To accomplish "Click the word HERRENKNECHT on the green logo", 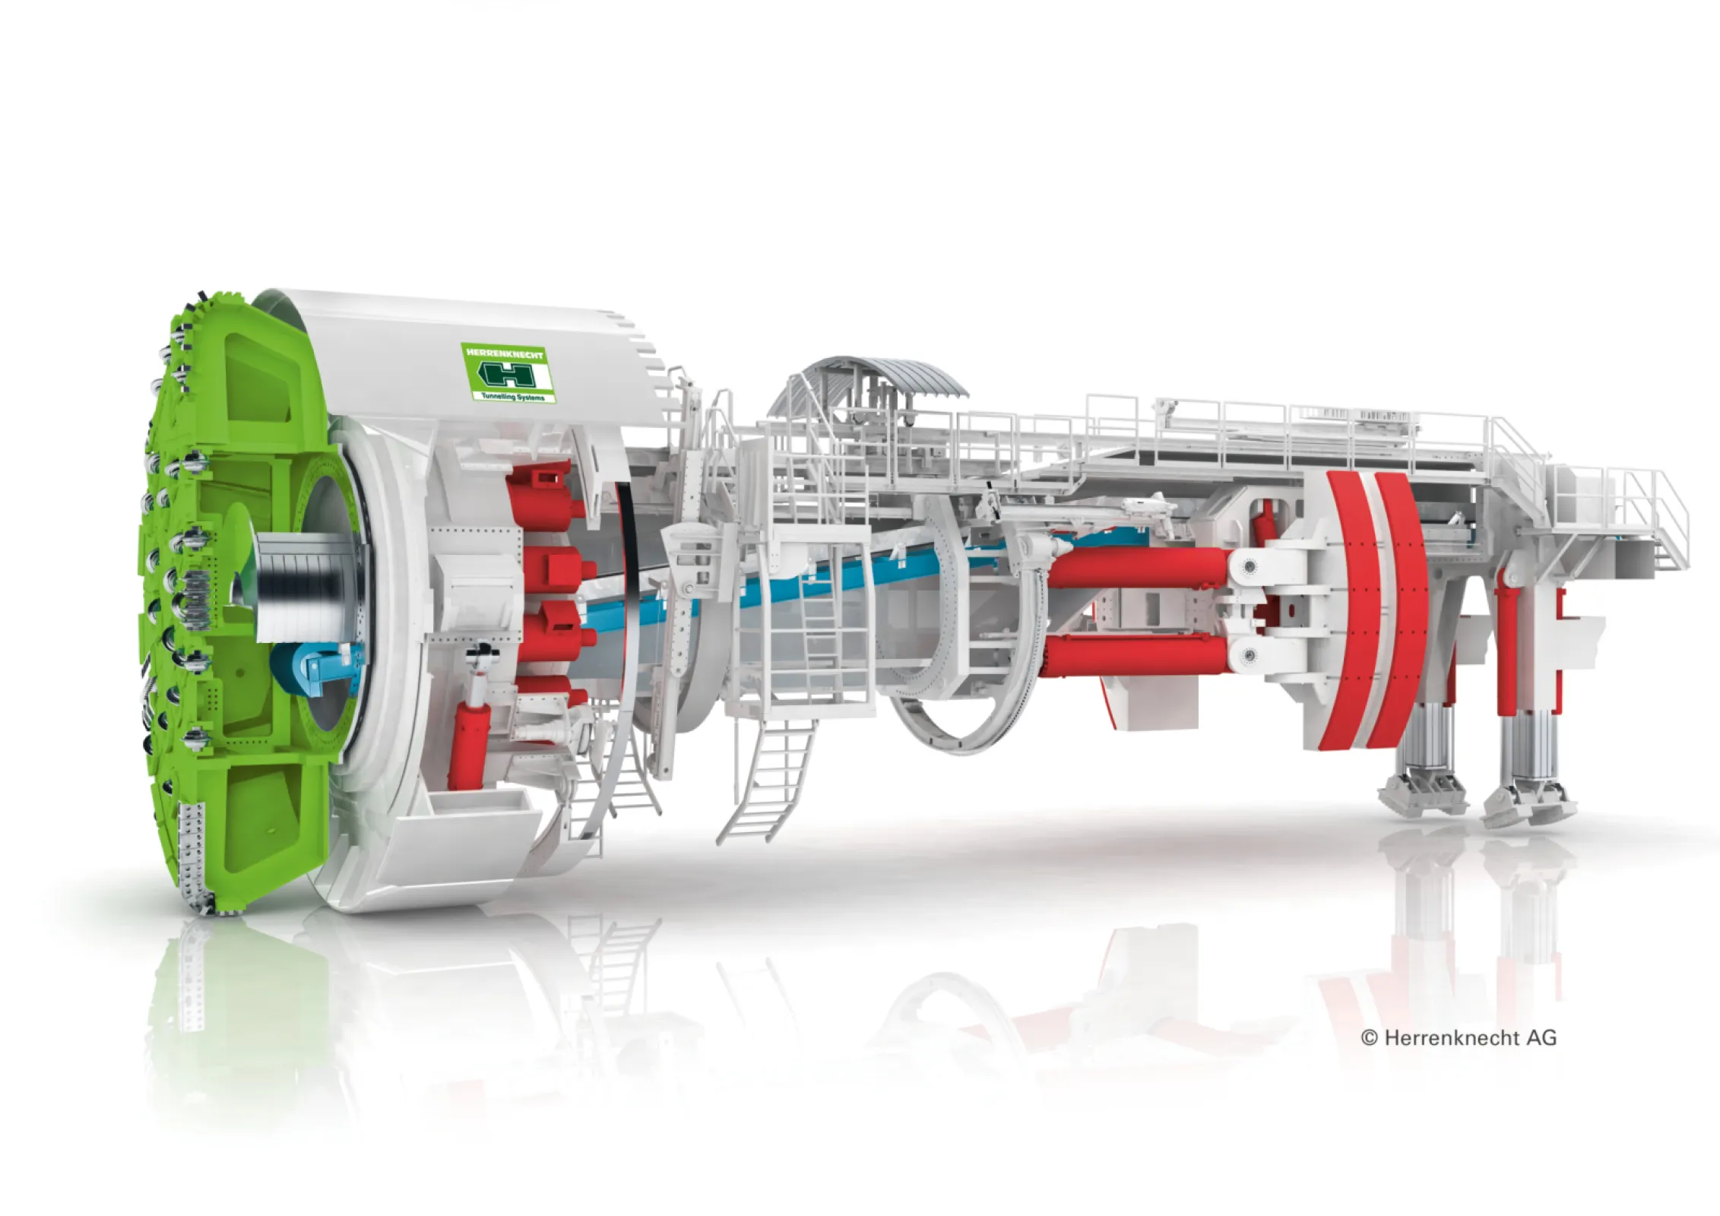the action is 505,355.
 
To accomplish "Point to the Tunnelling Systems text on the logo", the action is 513,397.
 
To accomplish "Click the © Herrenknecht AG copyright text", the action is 1459,1037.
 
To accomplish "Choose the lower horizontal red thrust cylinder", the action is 1140,656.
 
